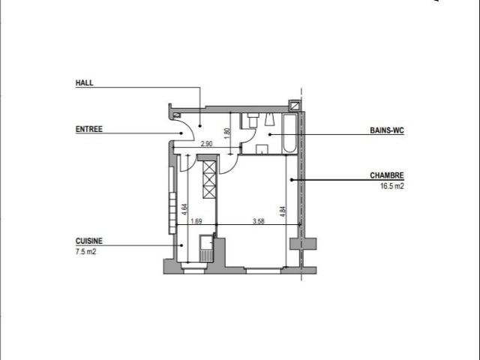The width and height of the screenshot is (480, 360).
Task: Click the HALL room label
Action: [x=85, y=82]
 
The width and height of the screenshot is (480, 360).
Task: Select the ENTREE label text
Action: [x=89, y=129]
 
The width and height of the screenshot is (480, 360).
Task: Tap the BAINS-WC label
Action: [x=387, y=130]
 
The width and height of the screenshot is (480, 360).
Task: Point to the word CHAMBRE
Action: [x=387, y=175]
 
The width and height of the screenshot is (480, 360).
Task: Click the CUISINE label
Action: [x=89, y=241]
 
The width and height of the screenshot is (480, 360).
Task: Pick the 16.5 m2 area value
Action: [x=392, y=186]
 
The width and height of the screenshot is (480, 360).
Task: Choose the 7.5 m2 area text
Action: [x=85, y=252]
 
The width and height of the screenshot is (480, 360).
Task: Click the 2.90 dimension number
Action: [x=206, y=143]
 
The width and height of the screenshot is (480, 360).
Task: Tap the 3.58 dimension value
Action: [x=258, y=221]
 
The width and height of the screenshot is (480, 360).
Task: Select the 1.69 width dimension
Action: [x=196, y=221]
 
